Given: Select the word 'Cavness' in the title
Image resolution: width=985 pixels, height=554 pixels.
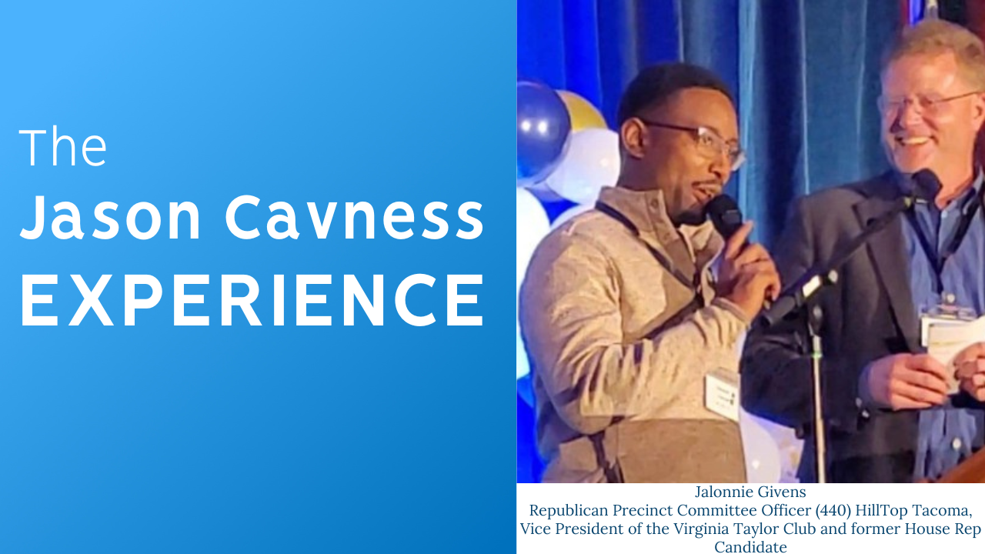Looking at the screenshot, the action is point(355,217).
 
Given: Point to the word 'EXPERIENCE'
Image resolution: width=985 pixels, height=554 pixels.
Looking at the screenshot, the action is point(252,300).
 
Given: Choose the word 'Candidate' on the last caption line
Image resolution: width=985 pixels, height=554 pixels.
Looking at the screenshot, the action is point(750,547).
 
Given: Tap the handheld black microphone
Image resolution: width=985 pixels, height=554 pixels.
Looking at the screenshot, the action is point(726,218).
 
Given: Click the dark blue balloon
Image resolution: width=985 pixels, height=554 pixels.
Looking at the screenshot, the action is point(542,128).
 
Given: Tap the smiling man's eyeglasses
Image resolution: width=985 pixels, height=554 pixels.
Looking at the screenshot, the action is point(928,103).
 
